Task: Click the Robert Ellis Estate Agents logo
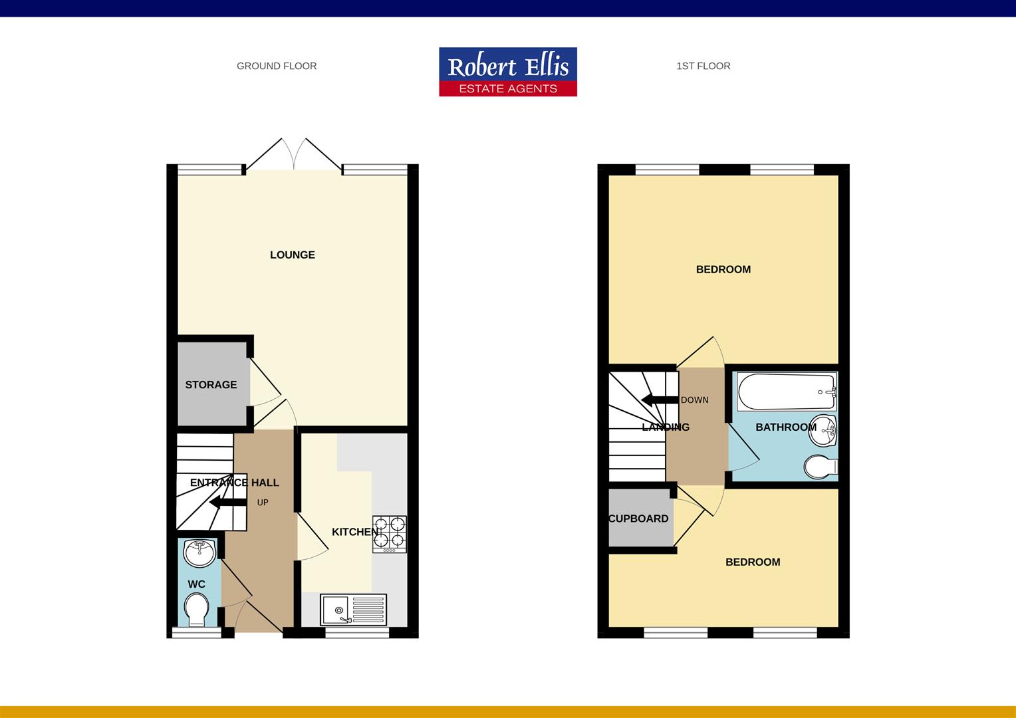pyautogui.click(x=507, y=72)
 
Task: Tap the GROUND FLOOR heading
pyautogui.click(x=277, y=66)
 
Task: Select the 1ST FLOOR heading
pyautogui.click(x=703, y=66)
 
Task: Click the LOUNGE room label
pyautogui.click(x=292, y=255)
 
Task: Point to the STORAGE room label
pyautogui.click(x=211, y=385)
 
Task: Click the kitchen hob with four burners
pyautogui.click(x=390, y=534)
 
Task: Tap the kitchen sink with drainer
pyautogui.click(x=353, y=609)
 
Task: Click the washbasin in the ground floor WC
pyautogui.click(x=198, y=550)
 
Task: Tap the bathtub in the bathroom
pyautogui.click(x=787, y=392)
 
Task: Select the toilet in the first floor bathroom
pyautogui.click(x=821, y=466)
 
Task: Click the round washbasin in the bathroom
pyautogui.click(x=825, y=430)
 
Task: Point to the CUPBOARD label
pyautogui.click(x=638, y=519)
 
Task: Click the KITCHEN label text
pyautogui.click(x=354, y=532)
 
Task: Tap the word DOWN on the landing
pyautogui.click(x=694, y=400)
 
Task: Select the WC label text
pyautogui.click(x=196, y=584)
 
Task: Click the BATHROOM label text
pyautogui.click(x=785, y=427)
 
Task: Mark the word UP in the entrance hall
pyautogui.click(x=263, y=503)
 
